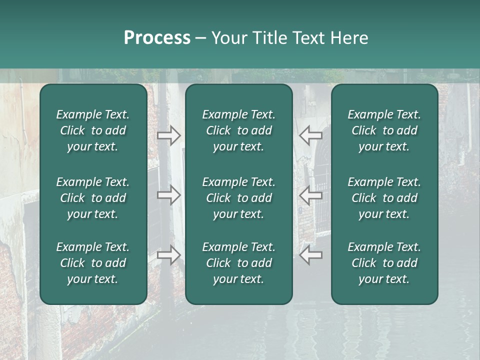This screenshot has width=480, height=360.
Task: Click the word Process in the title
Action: tap(157, 38)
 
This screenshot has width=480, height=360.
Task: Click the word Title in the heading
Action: tap(268, 38)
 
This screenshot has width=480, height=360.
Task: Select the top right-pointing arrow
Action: tap(168, 135)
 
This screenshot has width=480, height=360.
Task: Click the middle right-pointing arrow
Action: tap(168, 195)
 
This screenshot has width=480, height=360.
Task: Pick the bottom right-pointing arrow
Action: tap(168, 255)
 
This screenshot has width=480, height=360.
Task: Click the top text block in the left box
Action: tap(93, 130)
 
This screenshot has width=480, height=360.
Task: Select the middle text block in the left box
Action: tap(93, 198)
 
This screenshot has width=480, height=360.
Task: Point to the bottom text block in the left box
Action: tap(93, 263)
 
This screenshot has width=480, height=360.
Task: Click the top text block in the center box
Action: tap(238, 130)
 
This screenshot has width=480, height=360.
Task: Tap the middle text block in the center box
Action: tap(238, 198)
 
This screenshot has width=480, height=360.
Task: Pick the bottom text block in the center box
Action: tap(238, 263)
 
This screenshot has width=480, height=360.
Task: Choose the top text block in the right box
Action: tap(384, 130)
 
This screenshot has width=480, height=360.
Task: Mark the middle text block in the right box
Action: tap(384, 198)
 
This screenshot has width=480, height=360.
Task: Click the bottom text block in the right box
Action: tap(384, 263)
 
